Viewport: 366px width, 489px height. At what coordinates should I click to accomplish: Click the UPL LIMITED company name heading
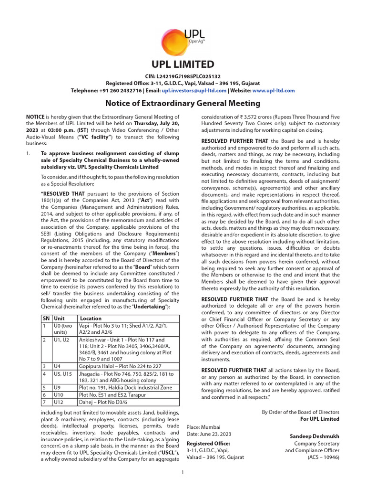(183, 64)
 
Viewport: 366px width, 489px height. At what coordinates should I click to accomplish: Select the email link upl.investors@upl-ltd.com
(183, 90)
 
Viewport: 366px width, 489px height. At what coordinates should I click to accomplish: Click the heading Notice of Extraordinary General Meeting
(183, 103)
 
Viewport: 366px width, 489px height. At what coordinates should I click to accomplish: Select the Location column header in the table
(91, 318)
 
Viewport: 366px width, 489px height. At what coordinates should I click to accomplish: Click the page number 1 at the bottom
(183, 473)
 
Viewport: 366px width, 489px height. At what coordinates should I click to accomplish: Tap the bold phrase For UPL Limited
(319, 419)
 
